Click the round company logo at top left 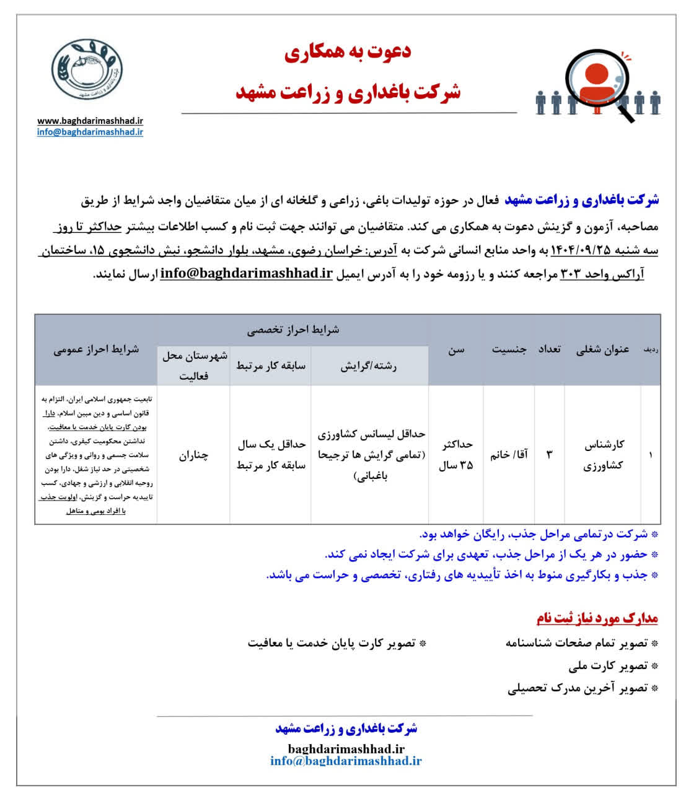coord(86,69)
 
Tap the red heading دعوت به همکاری coord(348,53)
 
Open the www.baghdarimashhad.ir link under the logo coord(90,121)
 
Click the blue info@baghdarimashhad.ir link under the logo coord(90,132)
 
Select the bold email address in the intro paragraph coord(246,274)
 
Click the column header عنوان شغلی coord(602,349)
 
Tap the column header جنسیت coord(509,349)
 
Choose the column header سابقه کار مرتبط coord(270,366)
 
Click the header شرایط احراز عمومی coord(96,349)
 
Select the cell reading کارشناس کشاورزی coord(603,455)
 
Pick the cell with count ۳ coord(549,455)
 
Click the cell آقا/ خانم coord(509,455)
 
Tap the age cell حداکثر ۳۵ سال coord(456,455)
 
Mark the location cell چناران coord(193,455)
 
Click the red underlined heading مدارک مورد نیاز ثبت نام coord(597,618)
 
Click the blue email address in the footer coord(346,761)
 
